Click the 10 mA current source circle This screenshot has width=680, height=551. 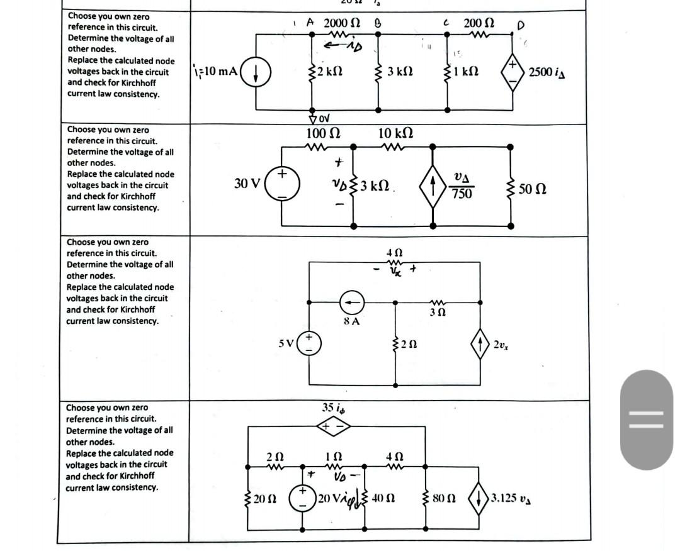point(257,70)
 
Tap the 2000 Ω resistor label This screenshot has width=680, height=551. point(342,23)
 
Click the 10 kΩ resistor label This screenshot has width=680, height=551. point(395,133)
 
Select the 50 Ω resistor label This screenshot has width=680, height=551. point(533,187)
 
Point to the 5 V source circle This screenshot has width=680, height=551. point(309,344)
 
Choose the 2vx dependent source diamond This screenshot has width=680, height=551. point(480,345)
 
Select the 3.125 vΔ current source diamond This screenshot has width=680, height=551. point(480,498)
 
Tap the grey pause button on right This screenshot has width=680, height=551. point(646,419)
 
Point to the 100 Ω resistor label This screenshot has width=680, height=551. point(323,133)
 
